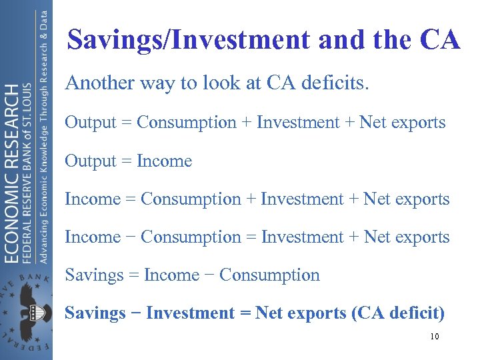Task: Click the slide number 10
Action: pos(434,337)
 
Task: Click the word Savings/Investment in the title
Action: pos(189,40)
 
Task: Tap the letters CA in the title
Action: pos(440,40)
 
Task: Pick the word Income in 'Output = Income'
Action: pos(164,161)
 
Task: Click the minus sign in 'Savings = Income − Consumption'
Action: pos(209,275)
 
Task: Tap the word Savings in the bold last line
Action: pos(95,313)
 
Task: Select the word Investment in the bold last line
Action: pos(190,313)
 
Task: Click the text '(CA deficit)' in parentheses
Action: pos(398,313)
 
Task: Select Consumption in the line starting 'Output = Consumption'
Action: pos(187,123)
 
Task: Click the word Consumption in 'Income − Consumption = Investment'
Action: pos(191,237)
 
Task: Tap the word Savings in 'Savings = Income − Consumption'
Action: pos(95,275)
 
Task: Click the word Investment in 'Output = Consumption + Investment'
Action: pos(298,123)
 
